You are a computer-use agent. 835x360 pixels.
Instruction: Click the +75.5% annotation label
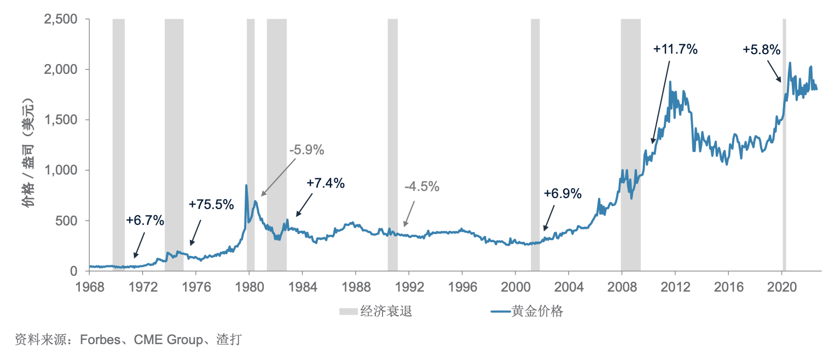(x=211, y=205)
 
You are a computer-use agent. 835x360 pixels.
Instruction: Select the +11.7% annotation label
(x=675, y=49)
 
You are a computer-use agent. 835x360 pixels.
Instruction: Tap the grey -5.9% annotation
(x=307, y=150)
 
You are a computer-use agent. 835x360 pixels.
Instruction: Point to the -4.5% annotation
(x=422, y=187)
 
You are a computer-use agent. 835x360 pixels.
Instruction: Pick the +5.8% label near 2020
(x=762, y=50)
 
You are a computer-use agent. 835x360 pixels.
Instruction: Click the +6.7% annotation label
(x=145, y=220)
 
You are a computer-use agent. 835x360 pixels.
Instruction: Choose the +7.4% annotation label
(x=326, y=183)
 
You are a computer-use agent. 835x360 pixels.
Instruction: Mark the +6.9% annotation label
(x=563, y=194)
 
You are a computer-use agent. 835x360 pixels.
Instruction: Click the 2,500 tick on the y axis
(x=61, y=19)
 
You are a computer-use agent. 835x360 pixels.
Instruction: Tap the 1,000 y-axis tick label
(x=61, y=170)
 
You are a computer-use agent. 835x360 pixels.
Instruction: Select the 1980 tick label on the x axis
(x=250, y=287)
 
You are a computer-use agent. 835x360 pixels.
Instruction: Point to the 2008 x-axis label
(x=622, y=287)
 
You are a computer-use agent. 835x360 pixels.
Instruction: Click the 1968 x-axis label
(x=90, y=287)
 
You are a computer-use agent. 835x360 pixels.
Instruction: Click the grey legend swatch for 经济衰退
(x=349, y=311)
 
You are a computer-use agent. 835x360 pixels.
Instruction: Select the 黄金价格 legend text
(x=537, y=311)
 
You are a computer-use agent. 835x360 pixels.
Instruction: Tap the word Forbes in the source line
(x=100, y=340)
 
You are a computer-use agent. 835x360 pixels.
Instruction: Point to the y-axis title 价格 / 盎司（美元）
(x=28, y=153)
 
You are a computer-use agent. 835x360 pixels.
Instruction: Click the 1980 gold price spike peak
(x=246, y=185)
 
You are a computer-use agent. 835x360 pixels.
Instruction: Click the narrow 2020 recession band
(x=784, y=145)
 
